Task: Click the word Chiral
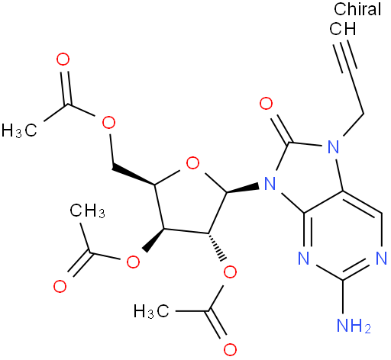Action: [357, 9]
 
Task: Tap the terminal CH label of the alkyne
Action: [343, 29]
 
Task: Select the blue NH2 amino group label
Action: [354, 325]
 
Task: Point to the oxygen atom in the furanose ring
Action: [192, 162]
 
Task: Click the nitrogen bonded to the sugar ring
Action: [270, 183]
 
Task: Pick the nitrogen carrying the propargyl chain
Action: [334, 146]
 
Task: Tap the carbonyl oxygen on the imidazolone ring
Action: [267, 103]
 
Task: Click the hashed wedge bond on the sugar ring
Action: [217, 246]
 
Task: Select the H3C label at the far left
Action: [19, 130]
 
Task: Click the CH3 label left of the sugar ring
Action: [87, 211]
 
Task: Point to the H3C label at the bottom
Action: [151, 311]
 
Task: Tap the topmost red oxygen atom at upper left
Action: [63, 59]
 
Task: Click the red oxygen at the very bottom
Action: [230, 349]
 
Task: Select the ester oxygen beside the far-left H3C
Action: [108, 123]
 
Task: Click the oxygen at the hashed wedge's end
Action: [230, 272]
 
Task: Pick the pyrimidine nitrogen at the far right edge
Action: [382, 259]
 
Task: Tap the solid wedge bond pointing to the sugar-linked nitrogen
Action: [242, 189]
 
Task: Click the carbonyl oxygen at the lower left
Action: [60, 286]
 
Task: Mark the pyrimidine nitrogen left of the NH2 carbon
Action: [303, 259]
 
